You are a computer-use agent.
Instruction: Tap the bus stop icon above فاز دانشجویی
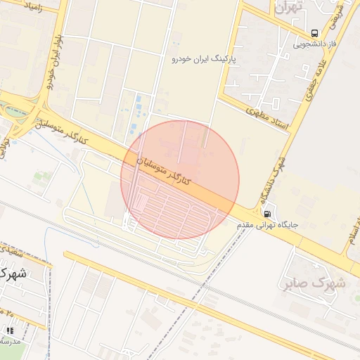(x=314, y=33)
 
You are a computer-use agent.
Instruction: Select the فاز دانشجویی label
(x=314, y=44)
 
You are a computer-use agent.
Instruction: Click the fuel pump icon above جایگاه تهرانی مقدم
(x=267, y=213)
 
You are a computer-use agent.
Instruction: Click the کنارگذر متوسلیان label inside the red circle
(x=163, y=171)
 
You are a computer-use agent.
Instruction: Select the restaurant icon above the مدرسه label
(x=9, y=330)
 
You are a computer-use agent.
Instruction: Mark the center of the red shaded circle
(x=180, y=180)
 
